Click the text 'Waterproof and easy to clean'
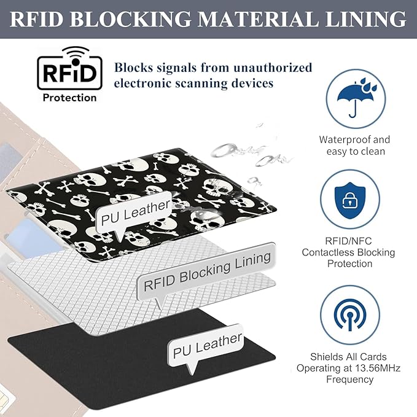[354, 146]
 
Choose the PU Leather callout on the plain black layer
[207, 345]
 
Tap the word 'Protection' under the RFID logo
[69, 97]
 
